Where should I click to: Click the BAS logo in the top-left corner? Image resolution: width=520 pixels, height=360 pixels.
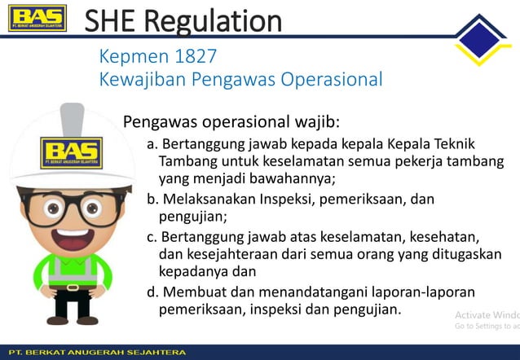click(37, 20)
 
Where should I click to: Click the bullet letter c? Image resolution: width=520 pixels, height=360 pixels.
click(152, 236)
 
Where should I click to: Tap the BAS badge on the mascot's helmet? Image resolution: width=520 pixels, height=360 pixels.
click(72, 151)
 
